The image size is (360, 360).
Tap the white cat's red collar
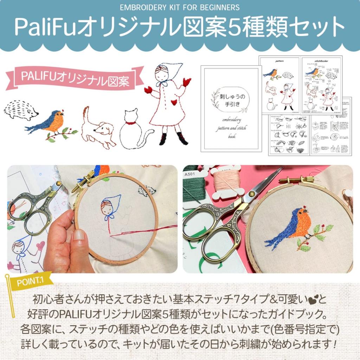[x=131, y=123]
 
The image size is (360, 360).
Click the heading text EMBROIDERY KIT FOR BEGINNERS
[x=180, y=7]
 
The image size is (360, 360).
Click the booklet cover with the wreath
[x=231, y=109]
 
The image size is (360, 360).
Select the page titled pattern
[x=279, y=84]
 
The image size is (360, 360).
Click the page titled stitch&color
[x=321, y=84]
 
